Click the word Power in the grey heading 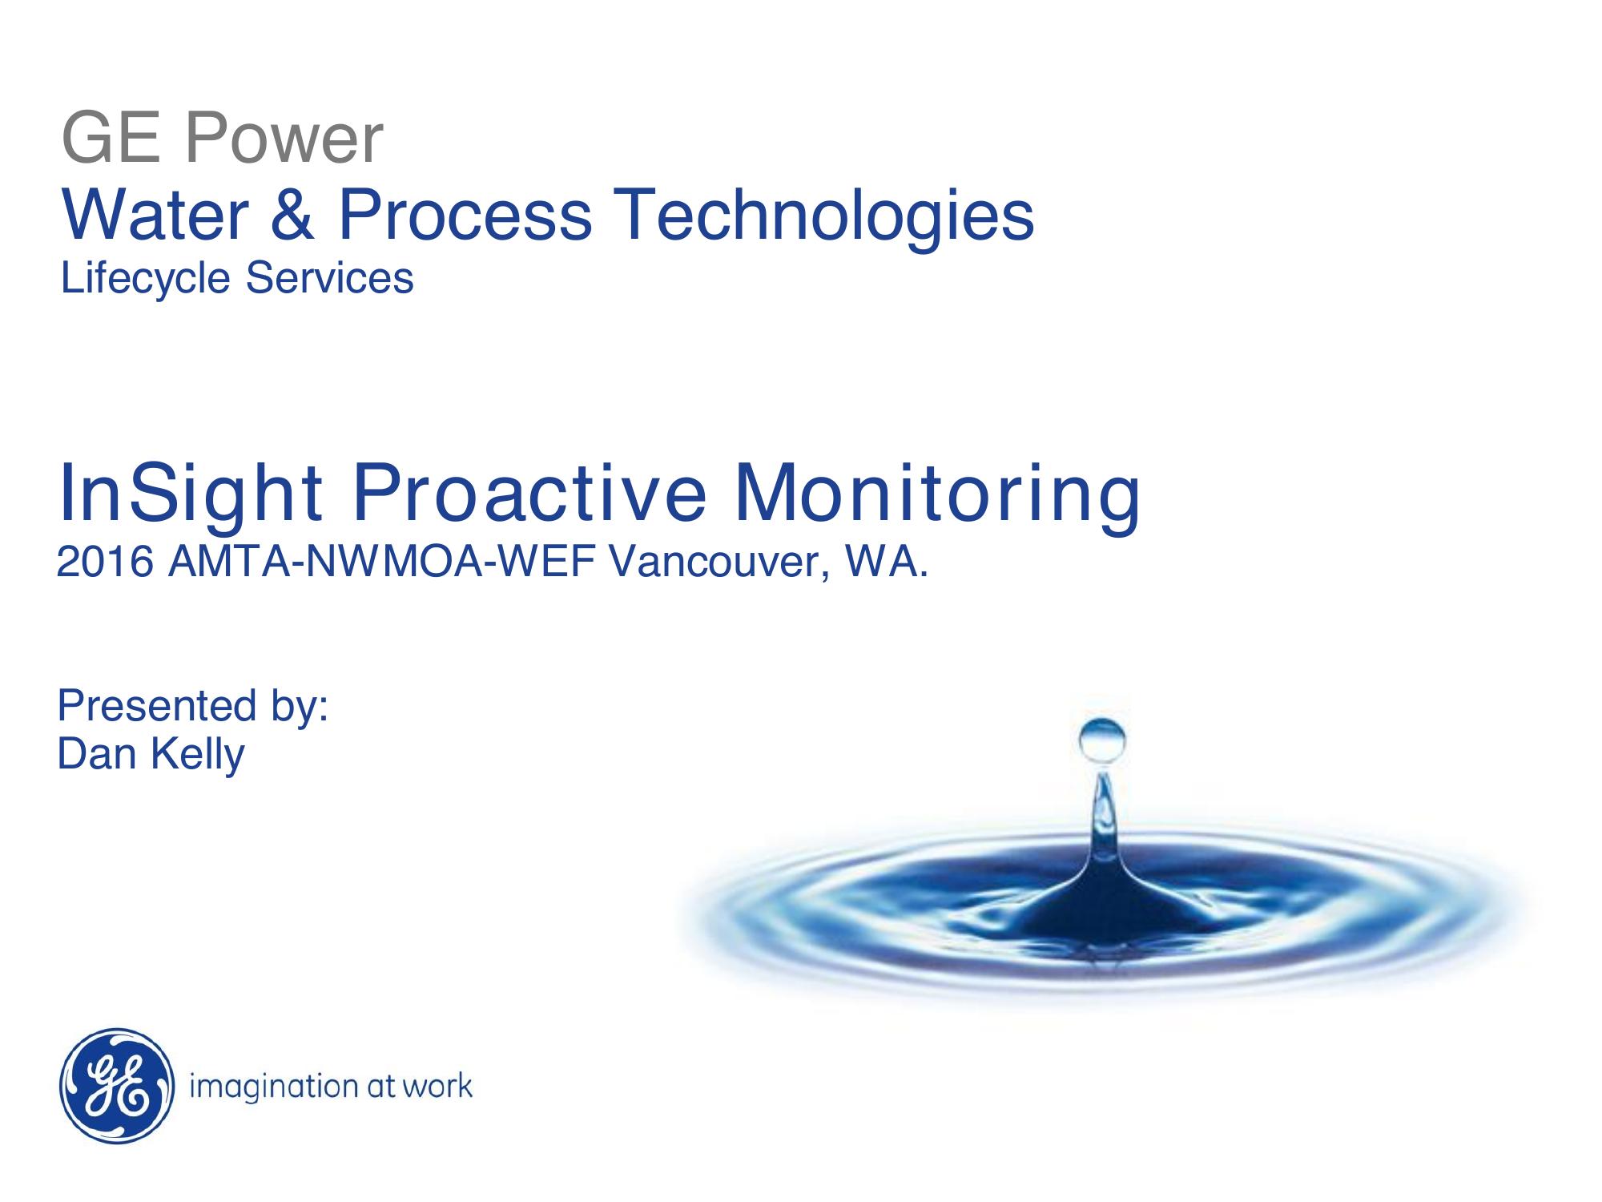[284, 139]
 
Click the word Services [329, 278]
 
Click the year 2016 [105, 563]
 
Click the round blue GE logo [117, 1087]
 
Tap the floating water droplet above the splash [1102, 740]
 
